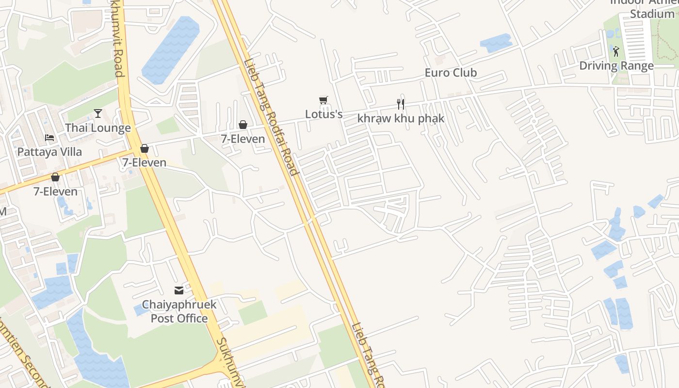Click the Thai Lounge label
pyautogui.click(x=98, y=128)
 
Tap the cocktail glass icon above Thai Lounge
pyautogui.click(x=98, y=113)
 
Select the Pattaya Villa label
pyautogui.click(x=49, y=152)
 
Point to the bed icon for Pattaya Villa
pyautogui.click(x=49, y=138)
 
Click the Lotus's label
pyautogui.click(x=323, y=114)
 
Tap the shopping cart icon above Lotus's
pyautogui.click(x=323, y=100)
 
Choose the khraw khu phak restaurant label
pyautogui.click(x=401, y=118)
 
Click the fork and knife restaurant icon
pyautogui.click(x=401, y=104)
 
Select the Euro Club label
pyautogui.click(x=451, y=73)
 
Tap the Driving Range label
pyautogui.click(x=616, y=65)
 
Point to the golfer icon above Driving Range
pyautogui.click(x=616, y=51)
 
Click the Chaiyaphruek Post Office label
pyautogui.click(x=179, y=312)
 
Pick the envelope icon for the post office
pyautogui.click(x=179, y=290)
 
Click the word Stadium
pyautogui.click(x=652, y=14)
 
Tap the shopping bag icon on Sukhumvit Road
pyautogui.click(x=145, y=148)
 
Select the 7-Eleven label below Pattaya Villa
pyautogui.click(x=55, y=192)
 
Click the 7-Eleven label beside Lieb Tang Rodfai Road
pyautogui.click(x=243, y=139)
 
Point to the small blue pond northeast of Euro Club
pyautogui.click(x=496, y=43)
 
